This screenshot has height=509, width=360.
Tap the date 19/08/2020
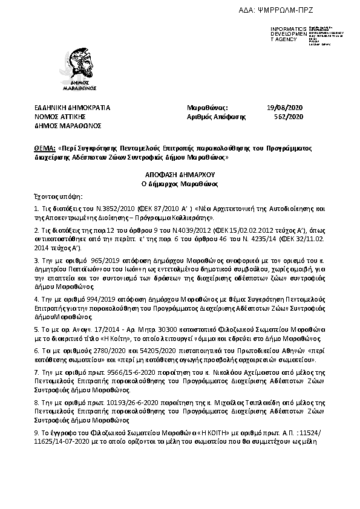pos(284,108)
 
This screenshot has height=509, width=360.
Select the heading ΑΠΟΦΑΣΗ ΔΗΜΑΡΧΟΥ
pos(180,173)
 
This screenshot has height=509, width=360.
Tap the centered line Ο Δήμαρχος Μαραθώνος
pos(180,183)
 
